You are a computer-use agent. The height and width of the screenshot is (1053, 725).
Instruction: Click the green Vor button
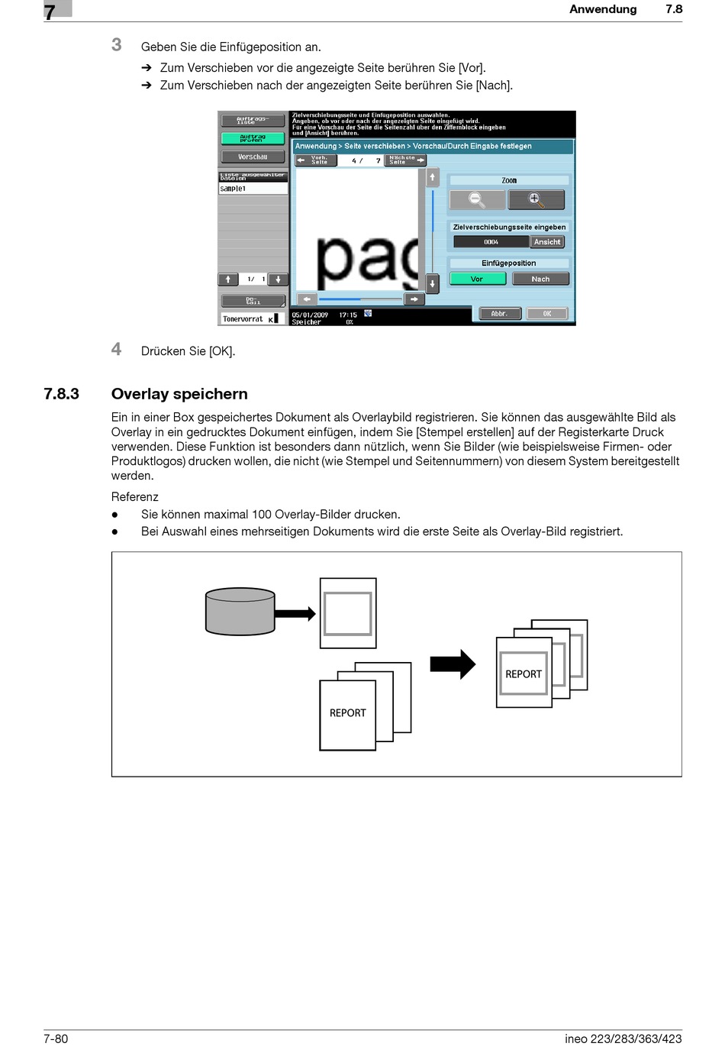coord(477,279)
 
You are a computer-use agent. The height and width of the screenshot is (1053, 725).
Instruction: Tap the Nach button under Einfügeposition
coord(540,279)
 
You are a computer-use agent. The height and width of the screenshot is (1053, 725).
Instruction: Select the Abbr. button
coord(499,314)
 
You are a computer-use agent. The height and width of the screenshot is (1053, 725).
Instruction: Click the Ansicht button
coord(547,242)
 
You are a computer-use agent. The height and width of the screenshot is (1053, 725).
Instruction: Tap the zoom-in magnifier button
coord(536,200)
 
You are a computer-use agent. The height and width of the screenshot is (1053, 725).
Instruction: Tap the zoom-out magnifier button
coord(477,200)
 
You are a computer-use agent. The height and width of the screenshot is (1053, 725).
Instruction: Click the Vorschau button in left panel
coord(253,157)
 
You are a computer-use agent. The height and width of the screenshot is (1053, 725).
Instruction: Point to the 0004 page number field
coord(491,242)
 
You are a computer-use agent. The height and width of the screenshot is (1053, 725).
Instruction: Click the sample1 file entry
coord(234,189)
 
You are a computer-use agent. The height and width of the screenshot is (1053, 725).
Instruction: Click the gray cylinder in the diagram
coord(240,611)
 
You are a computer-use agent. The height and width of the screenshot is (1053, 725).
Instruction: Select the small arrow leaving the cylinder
coord(295,613)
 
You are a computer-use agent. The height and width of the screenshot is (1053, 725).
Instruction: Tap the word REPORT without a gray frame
coord(348,712)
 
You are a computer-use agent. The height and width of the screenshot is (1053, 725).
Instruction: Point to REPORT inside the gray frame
coord(524,674)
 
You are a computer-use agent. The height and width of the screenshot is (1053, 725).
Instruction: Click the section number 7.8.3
coord(61,394)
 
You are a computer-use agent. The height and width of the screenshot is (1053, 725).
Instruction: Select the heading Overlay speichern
coord(179,394)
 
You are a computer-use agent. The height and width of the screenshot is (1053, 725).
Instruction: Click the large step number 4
coord(116,349)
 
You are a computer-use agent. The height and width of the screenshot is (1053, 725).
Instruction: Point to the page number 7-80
coord(56,1038)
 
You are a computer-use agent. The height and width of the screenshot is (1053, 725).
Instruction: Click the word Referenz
coord(135,496)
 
